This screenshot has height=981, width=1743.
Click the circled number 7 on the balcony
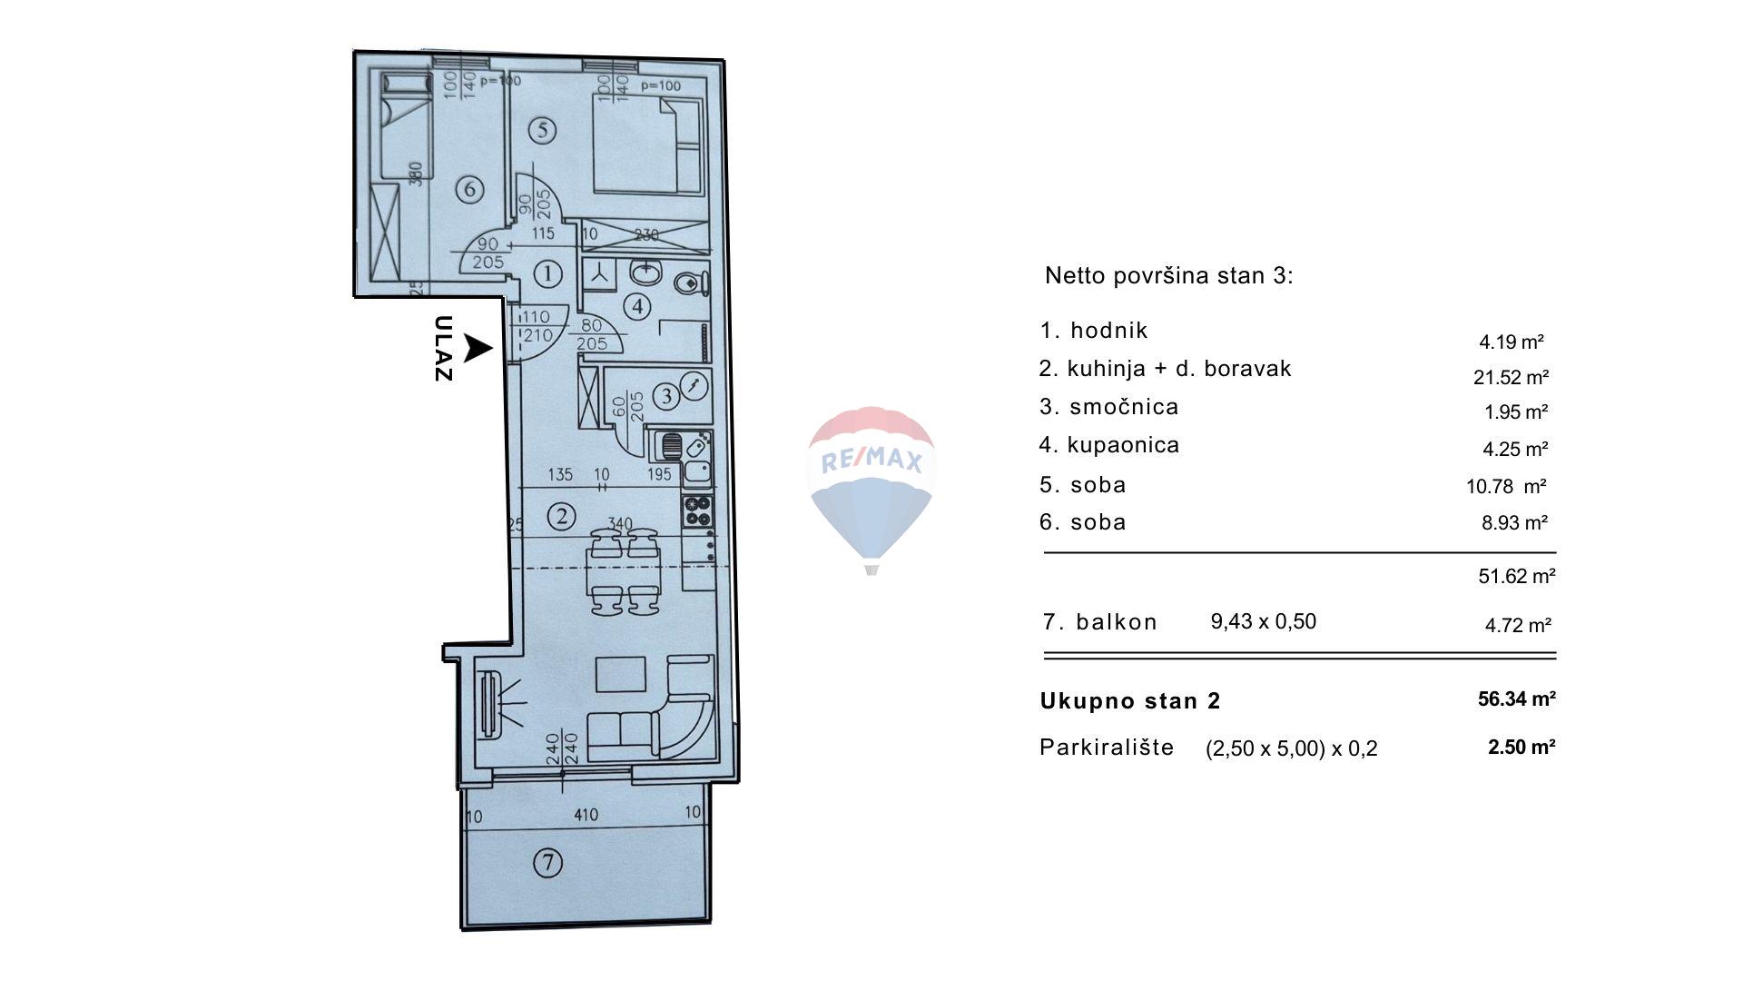click(547, 862)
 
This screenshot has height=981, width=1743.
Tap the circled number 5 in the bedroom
click(542, 131)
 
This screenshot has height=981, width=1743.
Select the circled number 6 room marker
click(469, 190)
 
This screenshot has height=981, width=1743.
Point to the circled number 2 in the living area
click(562, 517)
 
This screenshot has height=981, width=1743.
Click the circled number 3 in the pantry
click(667, 396)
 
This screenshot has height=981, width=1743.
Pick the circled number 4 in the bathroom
click(638, 306)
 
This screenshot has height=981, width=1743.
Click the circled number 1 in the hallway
click(547, 272)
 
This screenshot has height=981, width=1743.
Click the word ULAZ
click(443, 349)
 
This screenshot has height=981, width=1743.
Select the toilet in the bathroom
click(692, 283)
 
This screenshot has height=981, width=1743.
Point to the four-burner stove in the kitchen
click(697, 511)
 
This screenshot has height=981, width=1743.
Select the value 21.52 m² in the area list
click(1511, 377)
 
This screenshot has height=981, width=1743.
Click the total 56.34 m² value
click(1517, 699)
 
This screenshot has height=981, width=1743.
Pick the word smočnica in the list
click(1124, 407)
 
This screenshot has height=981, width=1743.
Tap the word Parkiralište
click(1107, 748)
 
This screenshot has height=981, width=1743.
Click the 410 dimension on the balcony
click(586, 815)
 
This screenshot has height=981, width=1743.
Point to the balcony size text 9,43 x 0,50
click(1264, 621)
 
